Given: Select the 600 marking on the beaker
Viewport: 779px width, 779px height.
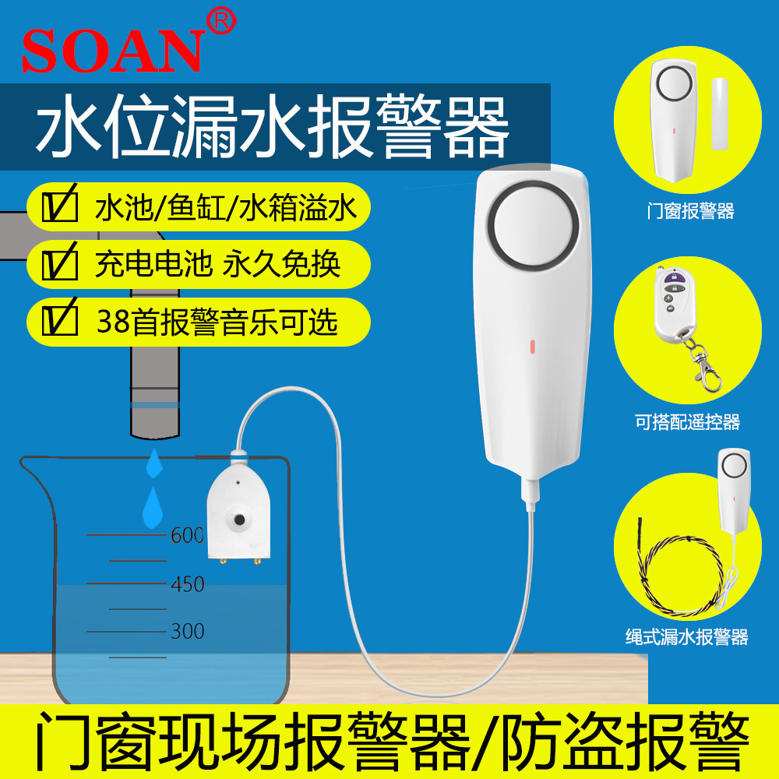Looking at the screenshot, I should click(x=187, y=535).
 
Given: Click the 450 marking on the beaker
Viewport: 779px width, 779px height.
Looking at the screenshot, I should click(x=187, y=583).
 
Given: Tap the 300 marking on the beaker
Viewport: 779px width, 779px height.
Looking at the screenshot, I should click(x=187, y=630).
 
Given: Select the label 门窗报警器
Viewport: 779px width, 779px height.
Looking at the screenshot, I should click(x=691, y=210).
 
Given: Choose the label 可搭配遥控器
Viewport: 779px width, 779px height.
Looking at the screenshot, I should click(x=687, y=422).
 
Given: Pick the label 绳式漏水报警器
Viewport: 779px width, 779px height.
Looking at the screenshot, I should click(x=687, y=636).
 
